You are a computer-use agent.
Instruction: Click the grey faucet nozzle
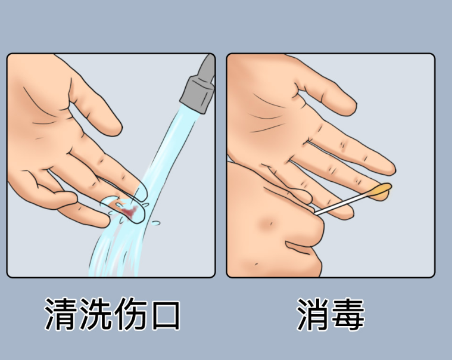pos(199,86)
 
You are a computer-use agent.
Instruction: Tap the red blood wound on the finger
pos(129,212)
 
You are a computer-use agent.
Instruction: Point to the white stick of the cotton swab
pos(342,204)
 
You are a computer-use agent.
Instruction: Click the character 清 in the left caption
pos(62,314)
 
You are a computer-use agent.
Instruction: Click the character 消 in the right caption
pos(313,314)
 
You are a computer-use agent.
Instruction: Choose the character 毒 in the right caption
pos(348,314)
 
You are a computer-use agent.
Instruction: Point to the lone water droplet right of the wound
pos(155,223)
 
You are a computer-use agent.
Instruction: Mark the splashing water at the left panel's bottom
pos(116,254)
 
